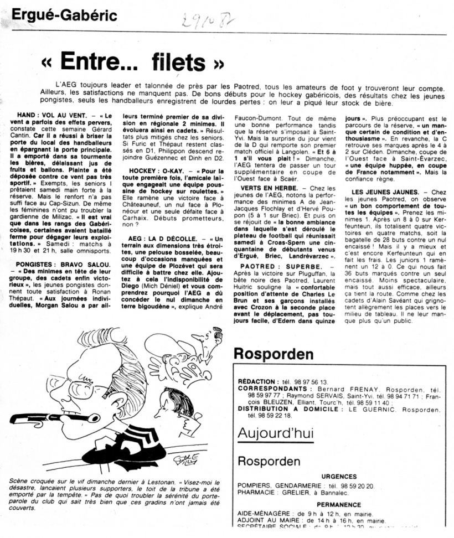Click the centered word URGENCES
click(x=338, y=476)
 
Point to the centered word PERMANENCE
click(x=338, y=504)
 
